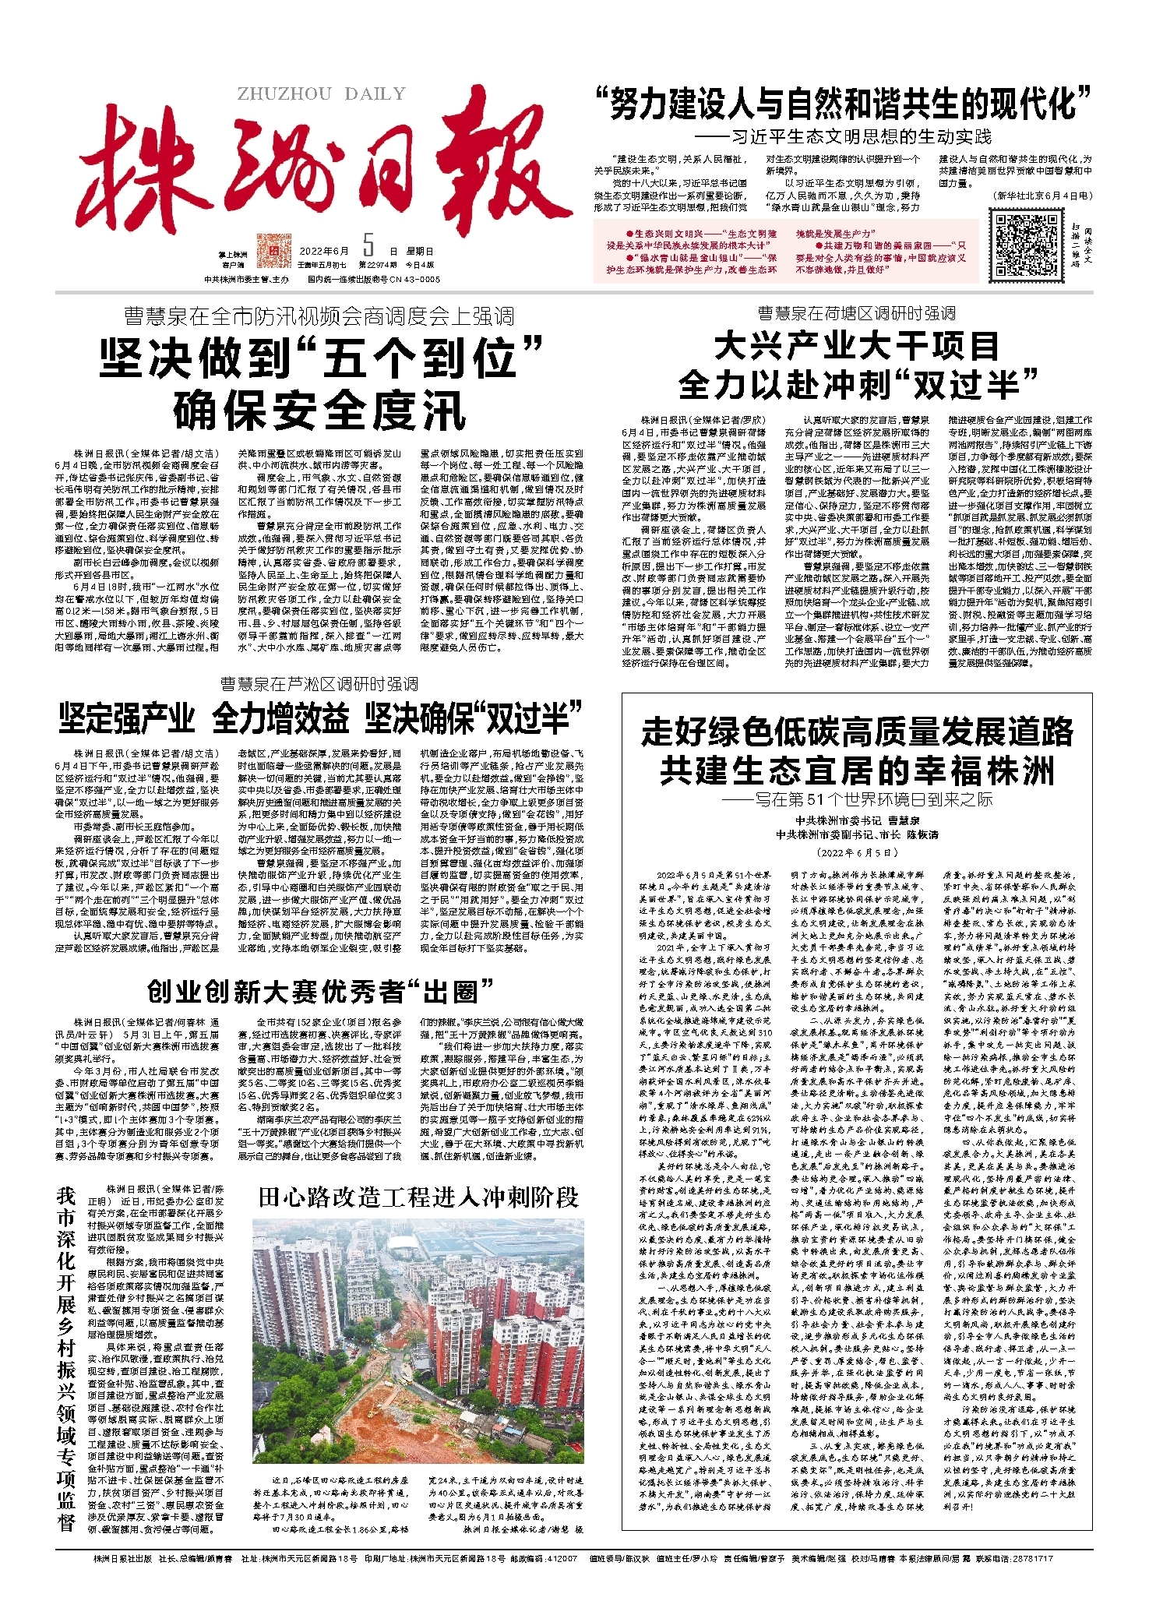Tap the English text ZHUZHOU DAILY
point(322,94)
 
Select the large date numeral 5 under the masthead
point(368,247)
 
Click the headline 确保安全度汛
point(319,410)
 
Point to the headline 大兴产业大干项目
point(857,345)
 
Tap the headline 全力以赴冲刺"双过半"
point(857,383)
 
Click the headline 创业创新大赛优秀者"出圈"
point(320,992)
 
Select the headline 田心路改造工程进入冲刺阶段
point(419,1197)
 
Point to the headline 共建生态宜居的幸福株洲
point(857,770)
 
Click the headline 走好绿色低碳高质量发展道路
point(857,732)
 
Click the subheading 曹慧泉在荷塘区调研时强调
point(857,313)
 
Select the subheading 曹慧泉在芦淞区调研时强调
point(319,684)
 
